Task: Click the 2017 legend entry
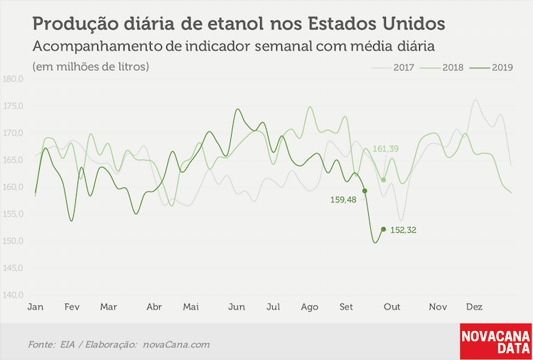point(392,67)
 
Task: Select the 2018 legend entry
point(441,67)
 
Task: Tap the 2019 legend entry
point(490,67)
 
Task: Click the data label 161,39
point(386,148)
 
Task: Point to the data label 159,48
point(343,200)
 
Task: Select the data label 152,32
point(404,230)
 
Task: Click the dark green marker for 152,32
point(384,229)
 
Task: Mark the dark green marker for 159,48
point(365,191)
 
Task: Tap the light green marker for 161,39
point(384,180)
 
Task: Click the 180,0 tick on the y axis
point(13,80)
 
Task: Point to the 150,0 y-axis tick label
point(13,241)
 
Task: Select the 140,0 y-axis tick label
point(13,295)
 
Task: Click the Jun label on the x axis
point(237,307)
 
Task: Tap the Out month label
point(392,307)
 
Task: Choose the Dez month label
point(474,307)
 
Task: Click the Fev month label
point(72,307)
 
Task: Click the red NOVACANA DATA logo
point(495,342)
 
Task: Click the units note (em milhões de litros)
point(91,67)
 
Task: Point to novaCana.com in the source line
point(176,345)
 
